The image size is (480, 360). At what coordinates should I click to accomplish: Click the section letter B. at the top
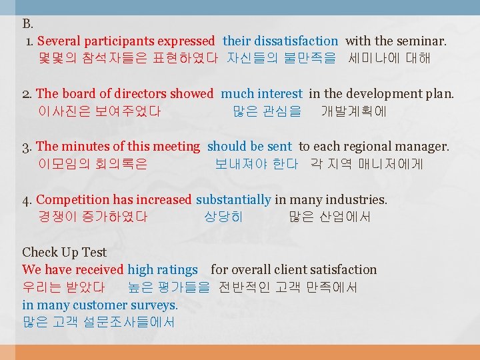coord(28,24)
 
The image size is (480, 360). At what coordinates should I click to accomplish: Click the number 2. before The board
coord(27,94)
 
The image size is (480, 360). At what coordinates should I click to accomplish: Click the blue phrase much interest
coord(261,94)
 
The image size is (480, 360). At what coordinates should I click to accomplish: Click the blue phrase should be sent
coord(249,147)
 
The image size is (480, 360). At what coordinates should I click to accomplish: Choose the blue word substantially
coord(233,199)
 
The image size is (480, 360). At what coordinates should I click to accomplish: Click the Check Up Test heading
coord(64,252)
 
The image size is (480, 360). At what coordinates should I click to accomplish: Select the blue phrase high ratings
coord(162,270)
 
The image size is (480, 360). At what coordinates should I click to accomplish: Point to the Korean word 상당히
coord(224,217)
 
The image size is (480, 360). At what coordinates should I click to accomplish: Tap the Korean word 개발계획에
coord(353,111)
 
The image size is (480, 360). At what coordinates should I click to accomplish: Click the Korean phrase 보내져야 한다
coord(256,164)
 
